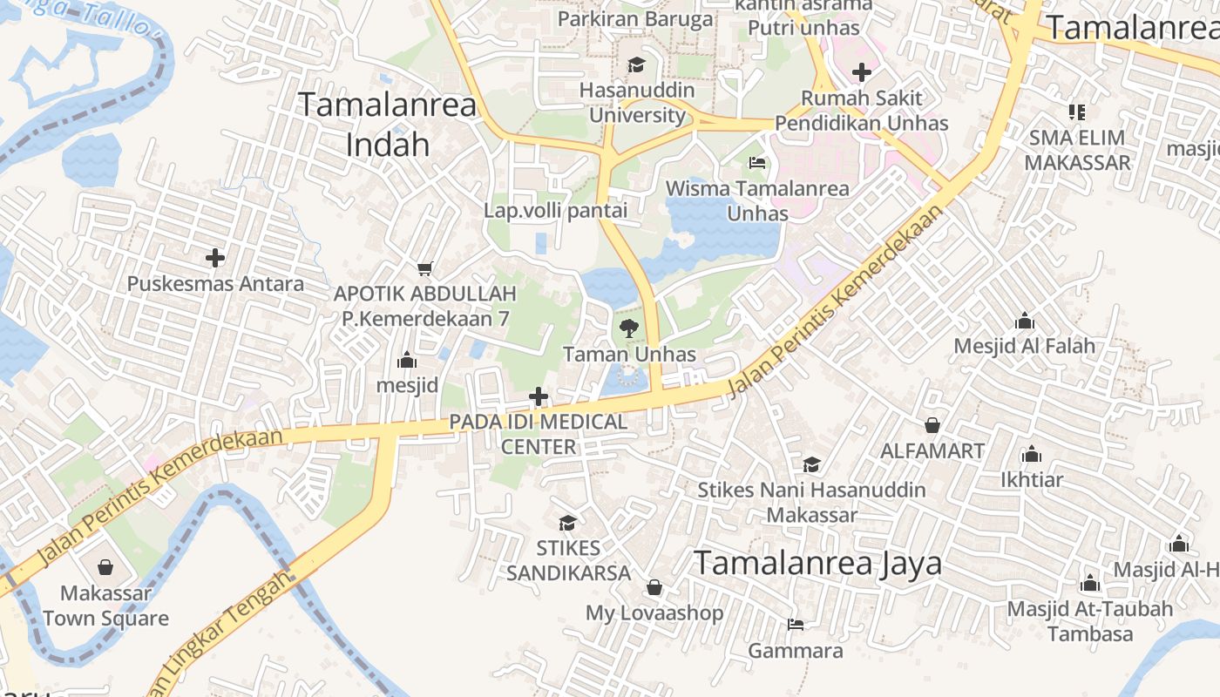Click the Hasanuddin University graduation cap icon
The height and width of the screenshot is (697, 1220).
636,65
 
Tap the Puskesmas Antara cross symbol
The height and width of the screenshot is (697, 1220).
215,258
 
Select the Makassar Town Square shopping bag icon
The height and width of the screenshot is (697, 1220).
105,568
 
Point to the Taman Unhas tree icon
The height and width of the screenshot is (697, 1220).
628,328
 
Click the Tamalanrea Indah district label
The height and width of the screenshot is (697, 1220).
388,125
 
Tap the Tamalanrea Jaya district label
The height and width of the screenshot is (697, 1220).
817,564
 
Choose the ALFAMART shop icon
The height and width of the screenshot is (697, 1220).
932,425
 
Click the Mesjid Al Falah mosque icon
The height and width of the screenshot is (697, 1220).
1025,321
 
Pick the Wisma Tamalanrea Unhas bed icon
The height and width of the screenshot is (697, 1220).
756,163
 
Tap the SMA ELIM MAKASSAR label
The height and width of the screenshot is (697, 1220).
1077,150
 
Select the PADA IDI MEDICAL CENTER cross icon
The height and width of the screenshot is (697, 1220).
539,397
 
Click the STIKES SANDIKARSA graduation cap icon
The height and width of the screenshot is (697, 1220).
567,523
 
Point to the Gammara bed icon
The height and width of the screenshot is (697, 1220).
795,625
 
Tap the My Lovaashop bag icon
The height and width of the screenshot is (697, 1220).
654,587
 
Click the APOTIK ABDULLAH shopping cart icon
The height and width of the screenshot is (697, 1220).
424,268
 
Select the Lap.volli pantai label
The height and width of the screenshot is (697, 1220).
555,210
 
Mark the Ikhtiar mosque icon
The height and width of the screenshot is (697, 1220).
1032,454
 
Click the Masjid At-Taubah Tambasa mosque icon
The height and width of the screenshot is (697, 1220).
1089,583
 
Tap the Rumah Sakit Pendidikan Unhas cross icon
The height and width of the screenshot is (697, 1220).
861,72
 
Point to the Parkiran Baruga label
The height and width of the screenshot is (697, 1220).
634,19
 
